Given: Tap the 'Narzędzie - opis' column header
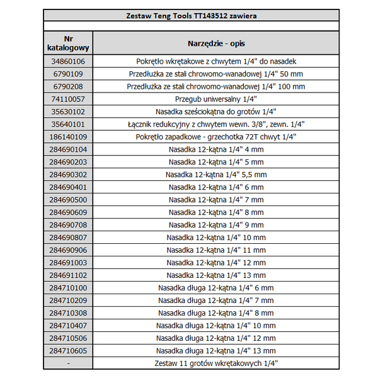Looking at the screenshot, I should pyautogui.click(x=216, y=43).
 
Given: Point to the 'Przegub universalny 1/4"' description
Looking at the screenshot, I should pyautogui.click(x=216, y=99).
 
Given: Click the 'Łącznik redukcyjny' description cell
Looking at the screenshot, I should pyautogui.click(x=216, y=124).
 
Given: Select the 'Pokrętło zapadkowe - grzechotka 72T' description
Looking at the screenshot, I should pyautogui.click(x=216, y=137).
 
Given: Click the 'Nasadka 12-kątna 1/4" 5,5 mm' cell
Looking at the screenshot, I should pyautogui.click(x=216, y=175).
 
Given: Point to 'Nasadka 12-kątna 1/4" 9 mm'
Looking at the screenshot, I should pyautogui.click(x=216, y=225).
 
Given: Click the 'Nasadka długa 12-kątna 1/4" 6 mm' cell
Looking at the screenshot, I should pyautogui.click(x=216, y=288).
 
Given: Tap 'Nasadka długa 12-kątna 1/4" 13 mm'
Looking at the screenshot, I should pyautogui.click(x=216, y=351).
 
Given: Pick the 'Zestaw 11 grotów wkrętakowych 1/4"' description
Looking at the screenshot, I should pyautogui.click(x=216, y=364).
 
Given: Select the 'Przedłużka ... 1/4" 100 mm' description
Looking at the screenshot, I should pyautogui.click(x=216, y=86).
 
